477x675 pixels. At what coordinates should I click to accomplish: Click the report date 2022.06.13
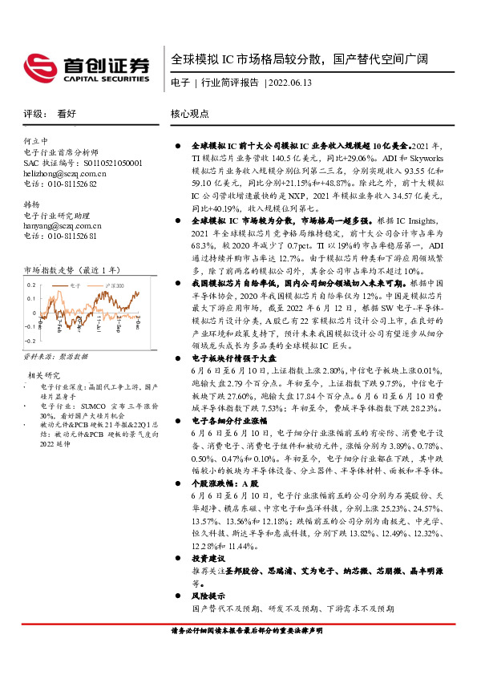coord(291,83)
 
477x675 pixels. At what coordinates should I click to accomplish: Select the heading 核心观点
coord(190,115)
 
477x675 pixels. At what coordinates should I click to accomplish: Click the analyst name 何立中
coord(37,140)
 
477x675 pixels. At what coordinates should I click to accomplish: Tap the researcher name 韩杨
coord(32,204)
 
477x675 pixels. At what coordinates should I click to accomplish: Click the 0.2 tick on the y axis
coord(31,285)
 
